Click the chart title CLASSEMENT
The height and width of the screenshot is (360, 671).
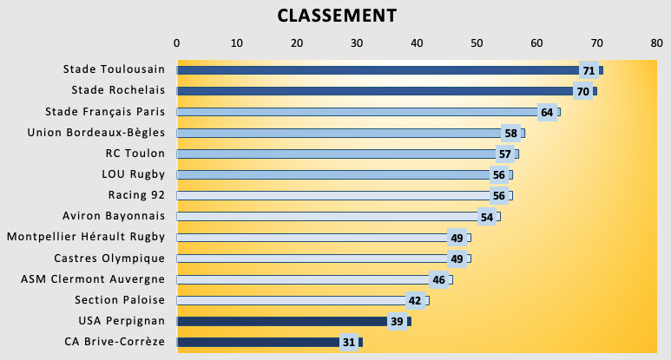pyautogui.click(x=336, y=16)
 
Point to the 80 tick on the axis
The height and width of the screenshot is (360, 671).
pyautogui.click(x=655, y=42)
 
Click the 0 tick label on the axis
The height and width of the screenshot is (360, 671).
pyautogui.click(x=176, y=42)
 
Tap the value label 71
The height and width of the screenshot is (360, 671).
pyautogui.click(x=589, y=70)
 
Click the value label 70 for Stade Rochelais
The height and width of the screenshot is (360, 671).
pyautogui.click(x=582, y=91)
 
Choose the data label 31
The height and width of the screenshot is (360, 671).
pyautogui.click(x=349, y=342)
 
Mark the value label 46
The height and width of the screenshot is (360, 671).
pyautogui.click(x=439, y=279)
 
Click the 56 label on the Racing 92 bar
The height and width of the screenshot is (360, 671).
pyautogui.click(x=499, y=195)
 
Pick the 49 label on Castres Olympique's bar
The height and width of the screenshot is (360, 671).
pyautogui.click(x=457, y=259)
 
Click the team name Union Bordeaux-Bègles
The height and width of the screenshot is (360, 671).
pyautogui.click(x=96, y=133)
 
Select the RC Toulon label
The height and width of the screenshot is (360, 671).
pyautogui.click(x=135, y=154)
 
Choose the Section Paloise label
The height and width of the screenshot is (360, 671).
pyautogui.click(x=120, y=300)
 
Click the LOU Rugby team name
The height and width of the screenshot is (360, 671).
pyautogui.click(x=134, y=174)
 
